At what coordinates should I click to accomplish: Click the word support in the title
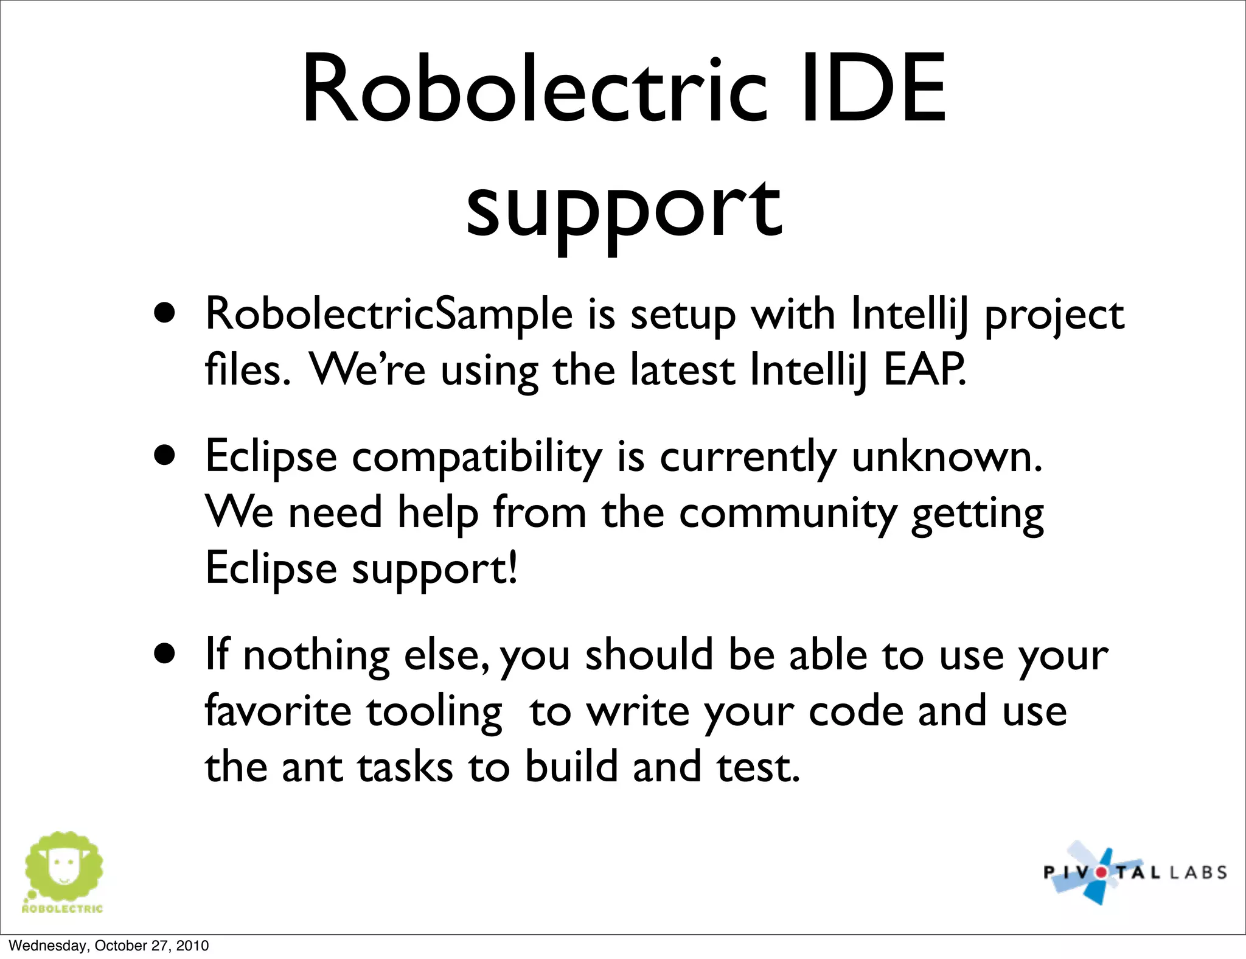[x=624, y=210]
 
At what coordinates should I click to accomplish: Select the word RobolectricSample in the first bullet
[x=389, y=315]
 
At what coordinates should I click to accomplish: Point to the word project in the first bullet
[x=1054, y=316]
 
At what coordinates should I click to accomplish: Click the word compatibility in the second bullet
[x=477, y=458]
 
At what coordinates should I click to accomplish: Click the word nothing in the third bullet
[x=316, y=655]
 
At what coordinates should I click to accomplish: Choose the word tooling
[x=434, y=713]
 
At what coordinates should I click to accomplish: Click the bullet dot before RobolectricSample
[x=165, y=313]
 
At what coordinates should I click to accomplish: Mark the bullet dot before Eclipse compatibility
[x=165, y=455]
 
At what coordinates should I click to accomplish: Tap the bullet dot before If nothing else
[x=165, y=654]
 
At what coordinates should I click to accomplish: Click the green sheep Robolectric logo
[x=63, y=870]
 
